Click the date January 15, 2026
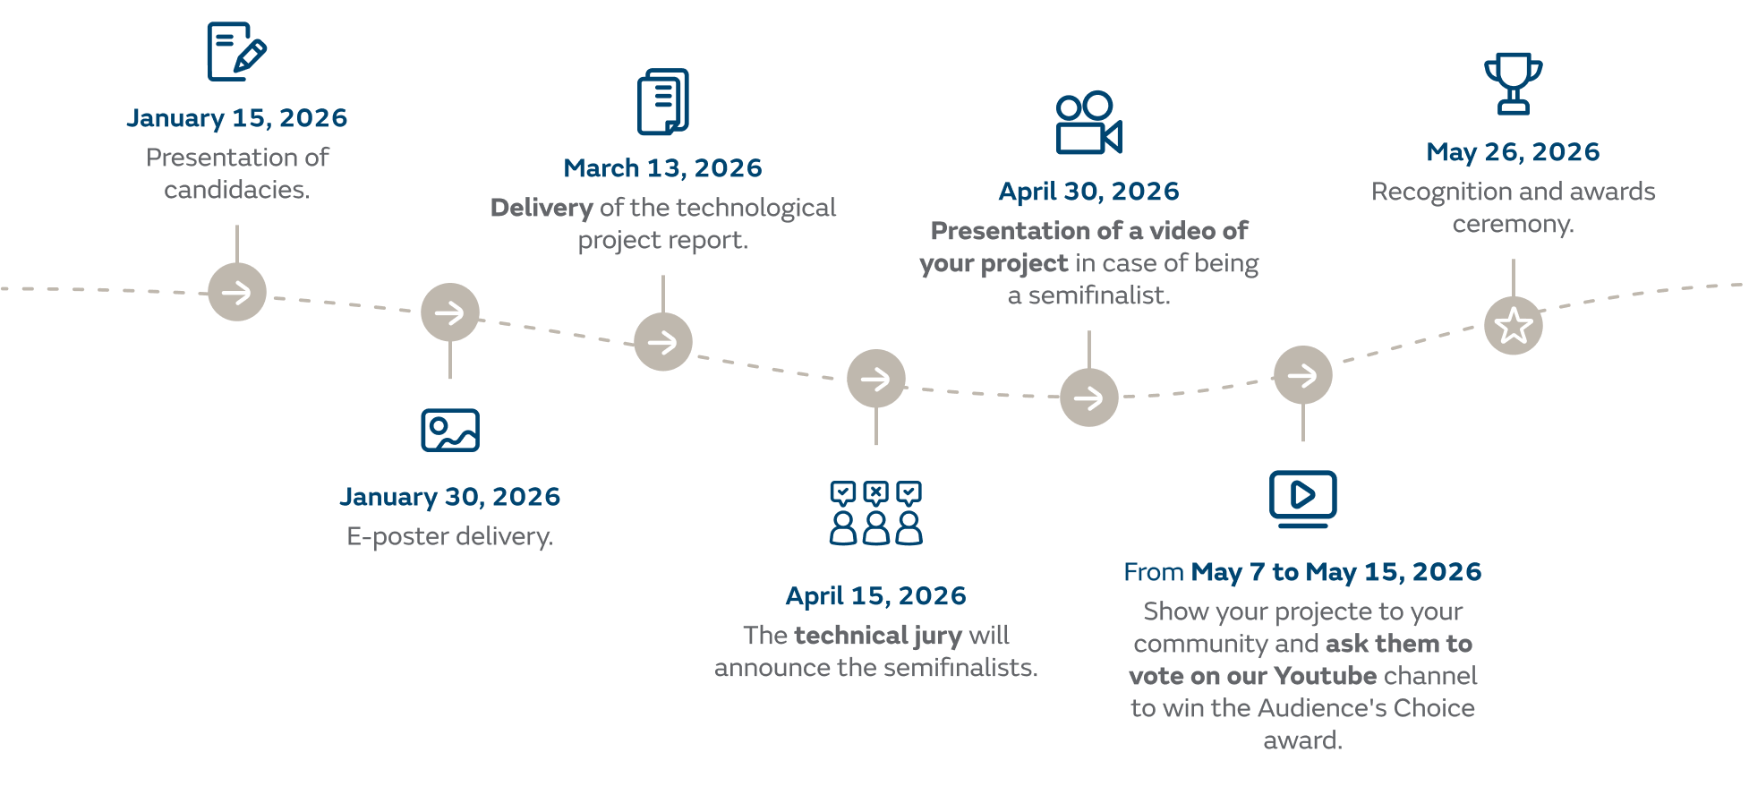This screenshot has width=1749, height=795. [x=236, y=118]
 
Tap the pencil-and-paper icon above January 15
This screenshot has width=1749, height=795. [x=236, y=51]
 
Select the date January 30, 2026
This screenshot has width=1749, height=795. [x=449, y=497]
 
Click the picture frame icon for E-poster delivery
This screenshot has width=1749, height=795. [x=450, y=431]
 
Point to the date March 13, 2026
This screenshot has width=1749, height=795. [x=662, y=168]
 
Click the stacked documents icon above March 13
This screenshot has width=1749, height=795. [x=663, y=102]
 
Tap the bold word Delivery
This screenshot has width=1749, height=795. [x=542, y=209]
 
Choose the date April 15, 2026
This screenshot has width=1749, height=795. [x=875, y=596]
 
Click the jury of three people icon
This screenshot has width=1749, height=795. [x=875, y=514]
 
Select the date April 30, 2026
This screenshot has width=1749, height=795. [x=1088, y=192]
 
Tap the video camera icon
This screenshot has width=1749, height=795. [x=1088, y=124]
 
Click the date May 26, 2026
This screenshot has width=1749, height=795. [x=1513, y=152]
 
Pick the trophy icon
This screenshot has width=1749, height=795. [x=1513, y=84]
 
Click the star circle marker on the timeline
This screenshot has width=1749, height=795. [x=1514, y=326]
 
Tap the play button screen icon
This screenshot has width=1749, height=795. [x=1302, y=498]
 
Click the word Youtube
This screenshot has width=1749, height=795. [x=1325, y=676]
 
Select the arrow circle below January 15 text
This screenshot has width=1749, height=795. [x=237, y=292]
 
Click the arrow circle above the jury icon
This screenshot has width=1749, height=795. [x=876, y=379]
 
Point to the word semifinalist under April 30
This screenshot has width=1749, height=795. [x=1098, y=296]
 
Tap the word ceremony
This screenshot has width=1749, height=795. [x=1513, y=225]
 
